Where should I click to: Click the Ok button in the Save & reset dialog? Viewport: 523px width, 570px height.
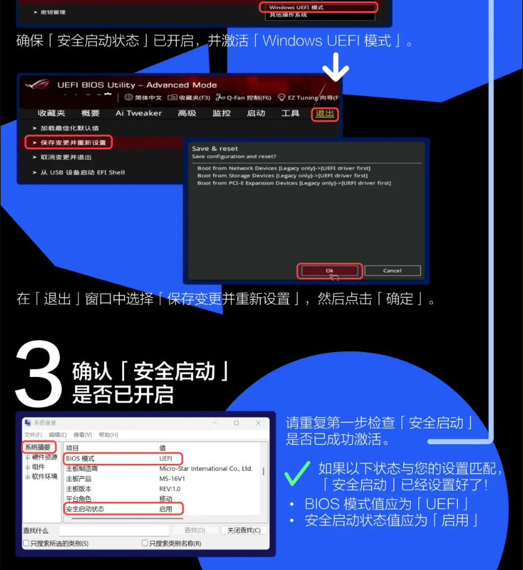(329, 271)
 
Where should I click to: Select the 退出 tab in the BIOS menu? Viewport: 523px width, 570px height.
(324, 114)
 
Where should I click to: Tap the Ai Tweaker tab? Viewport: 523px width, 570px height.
(138, 114)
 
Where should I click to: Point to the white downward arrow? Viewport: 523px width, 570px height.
(335, 67)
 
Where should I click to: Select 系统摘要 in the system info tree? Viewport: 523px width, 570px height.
(38, 447)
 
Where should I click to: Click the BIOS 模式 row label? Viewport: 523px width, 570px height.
(81, 458)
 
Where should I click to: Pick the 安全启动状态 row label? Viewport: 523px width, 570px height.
(85, 509)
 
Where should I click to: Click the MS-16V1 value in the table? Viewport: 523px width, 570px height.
(172, 479)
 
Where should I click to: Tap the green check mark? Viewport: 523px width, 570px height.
(297, 474)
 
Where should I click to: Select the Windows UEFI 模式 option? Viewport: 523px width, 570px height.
(297, 7)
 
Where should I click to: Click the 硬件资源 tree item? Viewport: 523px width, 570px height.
(45, 457)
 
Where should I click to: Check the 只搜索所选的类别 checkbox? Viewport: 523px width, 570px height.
(26, 543)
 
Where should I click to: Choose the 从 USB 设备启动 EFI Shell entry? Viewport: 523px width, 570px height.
(83, 173)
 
